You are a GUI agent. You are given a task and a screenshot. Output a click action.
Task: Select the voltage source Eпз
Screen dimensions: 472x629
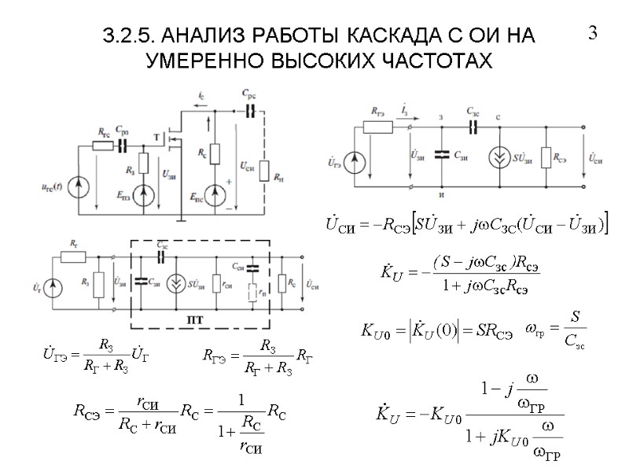tap(143, 194)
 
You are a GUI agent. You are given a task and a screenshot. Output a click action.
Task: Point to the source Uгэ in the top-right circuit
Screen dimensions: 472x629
tap(355, 163)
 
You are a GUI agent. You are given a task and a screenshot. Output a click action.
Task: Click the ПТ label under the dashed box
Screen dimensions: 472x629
tap(195, 319)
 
